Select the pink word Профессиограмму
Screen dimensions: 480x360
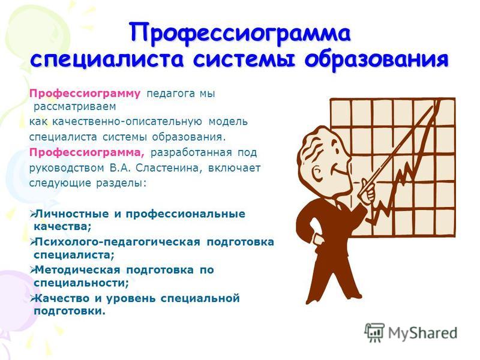(85, 94)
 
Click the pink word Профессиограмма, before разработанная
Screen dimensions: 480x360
(87, 152)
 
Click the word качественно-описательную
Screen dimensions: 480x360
(127, 122)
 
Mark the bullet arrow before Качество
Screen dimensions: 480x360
(32, 298)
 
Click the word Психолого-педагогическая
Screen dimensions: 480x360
(118, 242)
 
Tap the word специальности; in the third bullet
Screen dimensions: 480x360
(82, 283)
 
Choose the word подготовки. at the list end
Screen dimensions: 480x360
(70, 311)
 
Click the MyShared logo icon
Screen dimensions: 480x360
(374, 332)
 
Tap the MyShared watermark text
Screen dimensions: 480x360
(423, 333)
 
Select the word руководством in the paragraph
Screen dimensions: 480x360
(67, 169)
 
